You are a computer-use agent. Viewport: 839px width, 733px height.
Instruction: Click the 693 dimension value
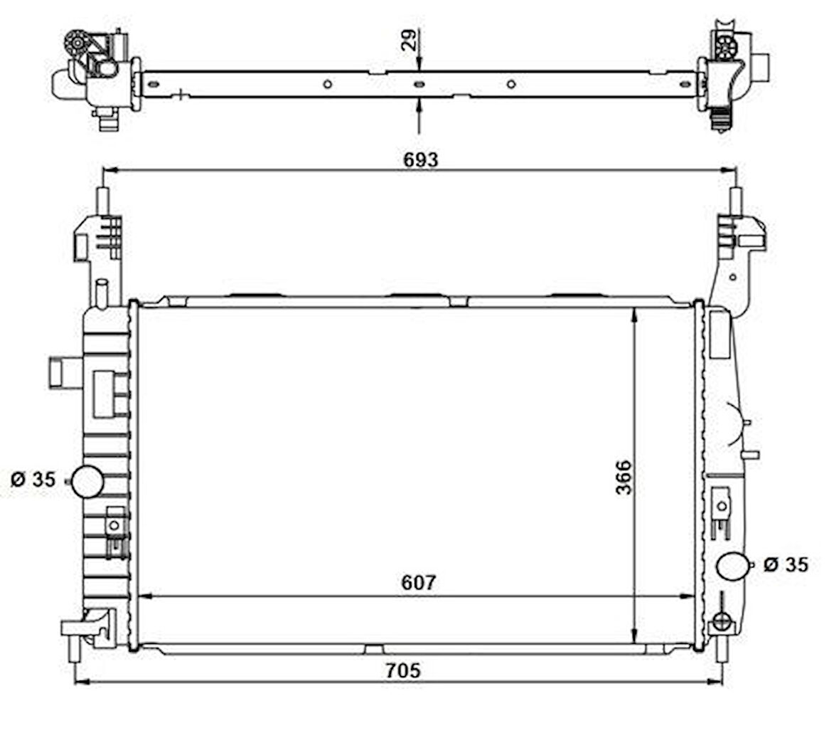point(422,159)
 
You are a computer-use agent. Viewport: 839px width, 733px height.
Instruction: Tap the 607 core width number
point(418,582)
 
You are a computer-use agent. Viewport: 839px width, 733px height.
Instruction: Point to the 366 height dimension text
point(623,478)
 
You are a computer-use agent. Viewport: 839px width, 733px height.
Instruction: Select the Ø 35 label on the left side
point(33,480)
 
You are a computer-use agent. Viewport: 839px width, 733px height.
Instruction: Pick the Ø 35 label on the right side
point(786,564)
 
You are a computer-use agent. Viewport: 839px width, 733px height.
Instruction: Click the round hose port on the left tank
point(87,482)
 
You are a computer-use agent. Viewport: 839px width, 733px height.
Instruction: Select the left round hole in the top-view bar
point(327,84)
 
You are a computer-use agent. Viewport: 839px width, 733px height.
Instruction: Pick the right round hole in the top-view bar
point(511,84)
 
